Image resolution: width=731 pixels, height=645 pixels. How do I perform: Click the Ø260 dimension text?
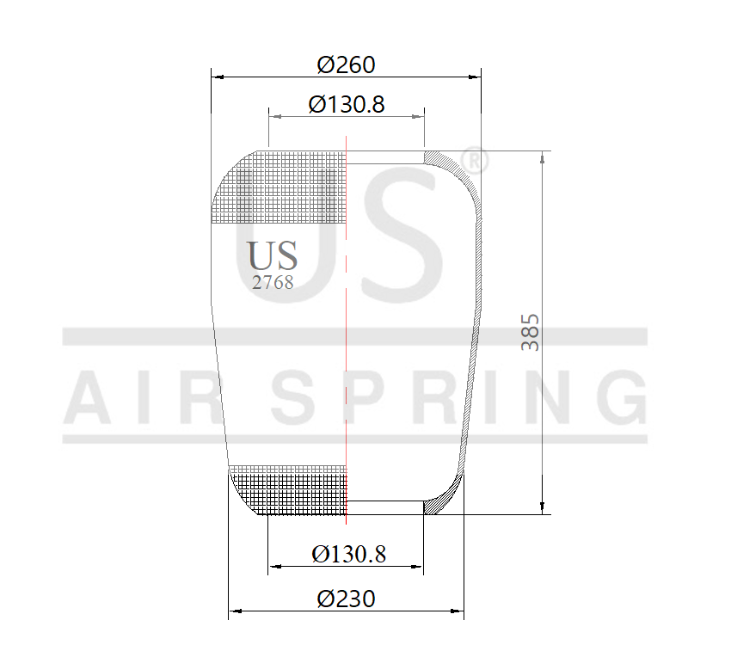(x=346, y=64)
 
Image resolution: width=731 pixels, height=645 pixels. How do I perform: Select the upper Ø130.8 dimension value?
(x=346, y=104)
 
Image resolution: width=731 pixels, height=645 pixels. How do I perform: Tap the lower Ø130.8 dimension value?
(x=348, y=554)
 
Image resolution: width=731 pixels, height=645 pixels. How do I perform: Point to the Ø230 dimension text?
(x=346, y=599)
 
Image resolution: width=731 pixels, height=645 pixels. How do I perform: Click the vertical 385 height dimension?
(x=531, y=331)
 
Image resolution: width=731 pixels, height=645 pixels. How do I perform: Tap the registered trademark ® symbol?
(x=475, y=161)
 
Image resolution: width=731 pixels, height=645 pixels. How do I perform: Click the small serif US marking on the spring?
(x=273, y=256)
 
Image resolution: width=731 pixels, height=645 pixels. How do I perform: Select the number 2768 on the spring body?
(x=273, y=282)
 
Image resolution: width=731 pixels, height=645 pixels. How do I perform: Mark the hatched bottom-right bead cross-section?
(x=445, y=497)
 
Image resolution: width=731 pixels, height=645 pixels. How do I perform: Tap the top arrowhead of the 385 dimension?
(x=542, y=157)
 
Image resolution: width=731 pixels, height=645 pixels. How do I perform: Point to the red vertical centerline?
(x=346, y=344)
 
